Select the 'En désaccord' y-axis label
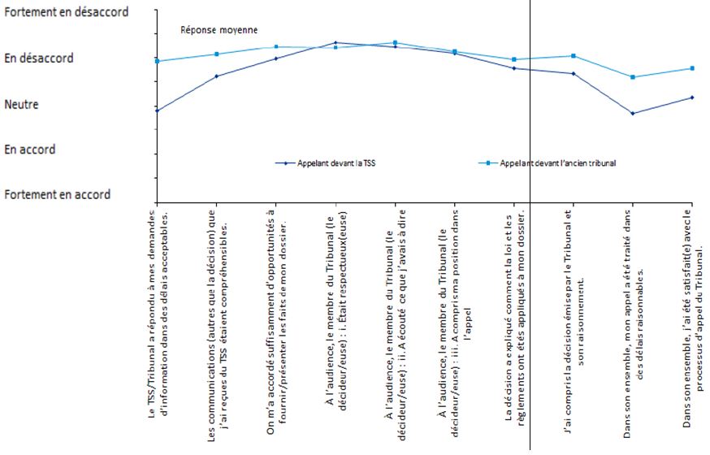[x=38, y=58]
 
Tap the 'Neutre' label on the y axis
[x=22, y=104]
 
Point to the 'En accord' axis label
[x=30, y=149]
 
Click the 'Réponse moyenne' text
[x=219, y=30]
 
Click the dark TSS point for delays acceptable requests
[x=156, y=110]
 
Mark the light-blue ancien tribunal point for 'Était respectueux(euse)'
[x=336, y=48]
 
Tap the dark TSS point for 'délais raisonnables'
[x=632, y=113]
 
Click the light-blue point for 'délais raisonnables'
[x=632, y=77]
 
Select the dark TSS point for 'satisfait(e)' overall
[x=691, y=97]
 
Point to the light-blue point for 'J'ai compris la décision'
[x=574, y=56]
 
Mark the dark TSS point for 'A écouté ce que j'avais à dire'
[x=395, y=47]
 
